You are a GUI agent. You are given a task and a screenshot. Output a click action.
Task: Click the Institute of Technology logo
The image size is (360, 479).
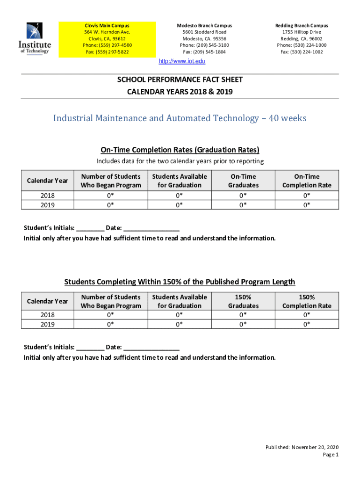(x=34, y=39)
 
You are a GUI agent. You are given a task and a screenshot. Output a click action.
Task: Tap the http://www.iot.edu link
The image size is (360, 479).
(x=182, y=61)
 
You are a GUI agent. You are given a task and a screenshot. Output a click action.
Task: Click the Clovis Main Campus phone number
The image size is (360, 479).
(x=107, y=45)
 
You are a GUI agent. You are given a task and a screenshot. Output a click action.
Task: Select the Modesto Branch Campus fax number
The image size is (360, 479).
(x=204, y=52)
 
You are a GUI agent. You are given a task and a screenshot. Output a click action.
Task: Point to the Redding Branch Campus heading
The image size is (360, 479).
(x=302, y=25)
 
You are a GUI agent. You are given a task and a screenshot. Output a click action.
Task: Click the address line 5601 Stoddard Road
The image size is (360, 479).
(x=204, y=32)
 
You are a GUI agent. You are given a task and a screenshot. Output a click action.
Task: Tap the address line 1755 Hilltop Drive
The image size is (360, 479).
(x=302, y=32)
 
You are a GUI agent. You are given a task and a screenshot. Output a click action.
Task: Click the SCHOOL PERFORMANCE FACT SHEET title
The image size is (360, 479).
(x=180, y=80)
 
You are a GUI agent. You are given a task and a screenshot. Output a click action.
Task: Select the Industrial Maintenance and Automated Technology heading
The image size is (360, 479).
(x=180, y=118)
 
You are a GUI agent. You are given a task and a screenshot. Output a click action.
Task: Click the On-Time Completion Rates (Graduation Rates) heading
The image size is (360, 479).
(x=180, y=150)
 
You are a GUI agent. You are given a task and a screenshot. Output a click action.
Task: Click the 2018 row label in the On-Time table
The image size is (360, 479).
(x=47, y=196)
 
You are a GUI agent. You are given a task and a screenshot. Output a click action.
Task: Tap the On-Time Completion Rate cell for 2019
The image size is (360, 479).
(x=307, y=205)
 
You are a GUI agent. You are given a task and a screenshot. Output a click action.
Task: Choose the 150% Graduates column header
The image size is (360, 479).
(x=243, y=301)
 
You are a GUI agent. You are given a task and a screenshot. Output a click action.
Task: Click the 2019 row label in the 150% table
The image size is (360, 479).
(x=47, y=324)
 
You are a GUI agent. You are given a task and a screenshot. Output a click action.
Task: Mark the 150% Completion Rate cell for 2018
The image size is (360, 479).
(x=307, y=315)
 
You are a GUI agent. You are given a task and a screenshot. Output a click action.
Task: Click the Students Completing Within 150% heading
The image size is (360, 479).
(x=180, y=282)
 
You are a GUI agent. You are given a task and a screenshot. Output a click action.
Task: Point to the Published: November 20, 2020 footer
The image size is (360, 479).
(x=302, y=447)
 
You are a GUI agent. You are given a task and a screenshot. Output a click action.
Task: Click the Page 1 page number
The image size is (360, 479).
(x=331, y=455)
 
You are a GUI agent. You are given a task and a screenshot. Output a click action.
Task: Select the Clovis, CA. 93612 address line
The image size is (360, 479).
(x=107, y=39)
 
